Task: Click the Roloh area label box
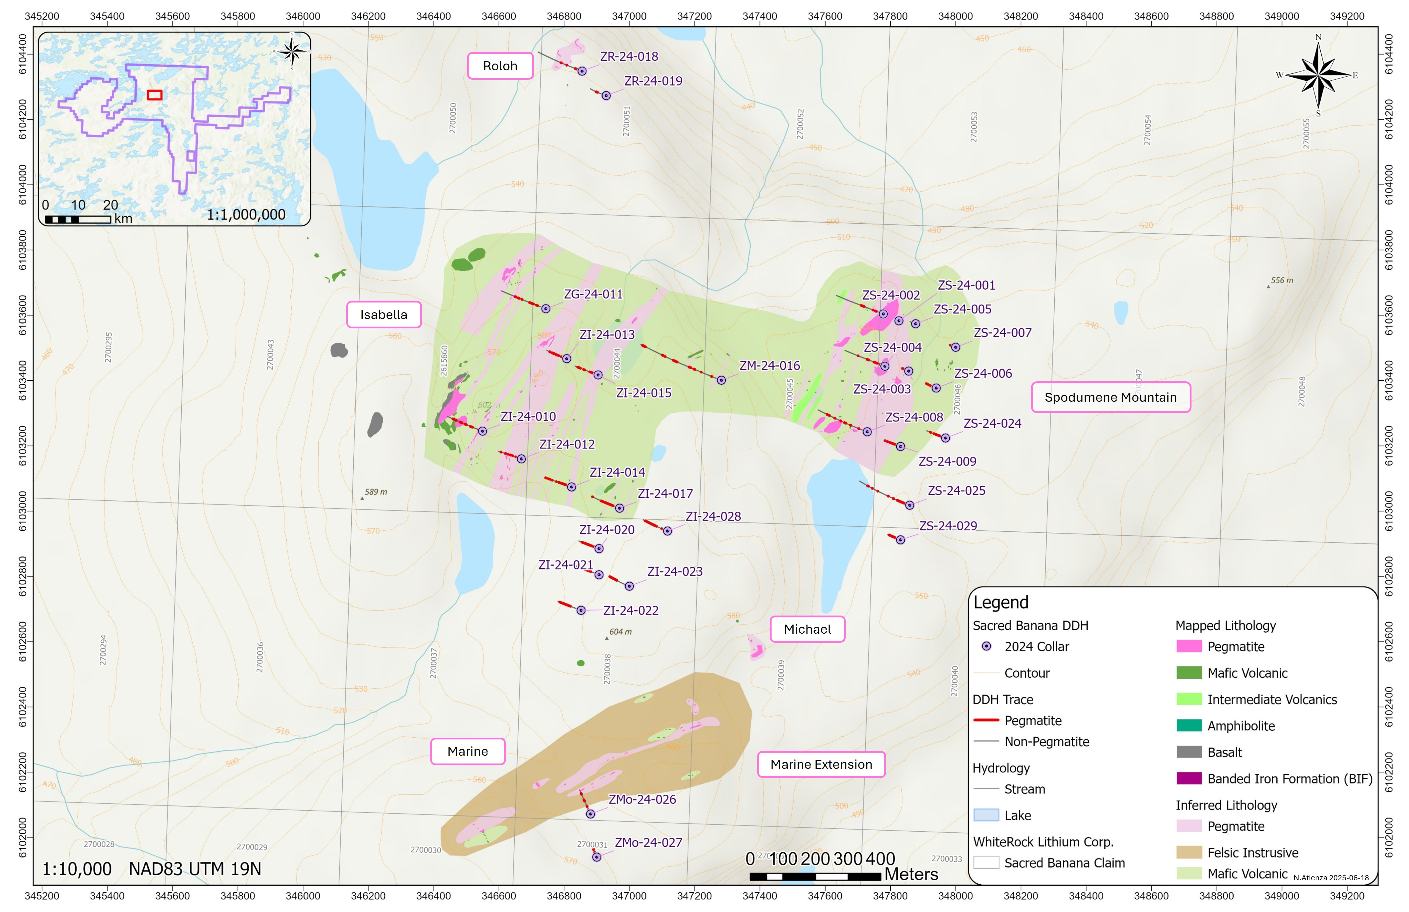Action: pos(500,66)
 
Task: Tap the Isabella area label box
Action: pos(384,315)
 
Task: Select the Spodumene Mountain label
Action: pos(1111,397)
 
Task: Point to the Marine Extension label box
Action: pos(821,765)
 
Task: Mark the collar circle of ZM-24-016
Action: pos(721,380)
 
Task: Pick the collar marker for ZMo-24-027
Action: pos(597,857)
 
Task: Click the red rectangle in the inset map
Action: pos(154,95)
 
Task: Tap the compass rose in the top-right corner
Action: pos(1318,75)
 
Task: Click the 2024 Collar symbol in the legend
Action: pos(986,646)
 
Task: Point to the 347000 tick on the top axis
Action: pos(629,16)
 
